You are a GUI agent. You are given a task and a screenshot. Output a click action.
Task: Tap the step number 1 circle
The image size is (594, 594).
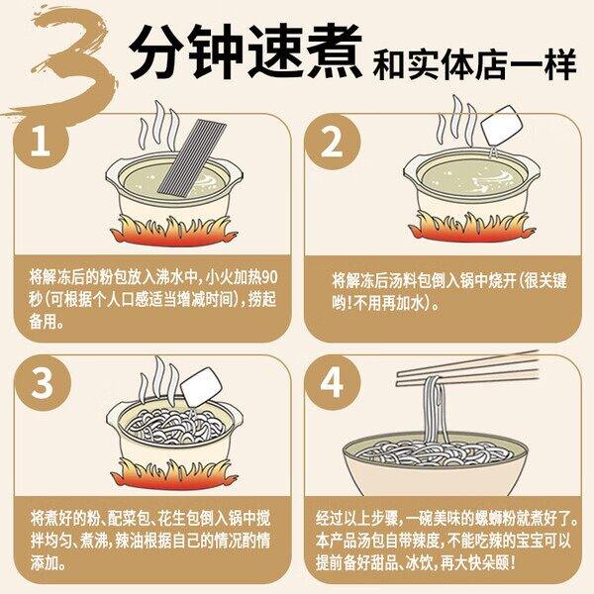pyautogui.click(x=41, y=141)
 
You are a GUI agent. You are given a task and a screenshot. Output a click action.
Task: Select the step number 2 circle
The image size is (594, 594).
pyautogui.click(x=333, y=141)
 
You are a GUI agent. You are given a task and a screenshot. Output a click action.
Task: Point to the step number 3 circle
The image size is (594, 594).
pyautogui.click(x=43, y=382)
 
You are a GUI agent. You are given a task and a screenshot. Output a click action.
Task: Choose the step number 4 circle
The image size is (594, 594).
pyautogui.click(x=333, y=382)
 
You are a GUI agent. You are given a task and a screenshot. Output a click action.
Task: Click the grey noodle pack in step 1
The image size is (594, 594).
pyautogui.click(x=192, y=159)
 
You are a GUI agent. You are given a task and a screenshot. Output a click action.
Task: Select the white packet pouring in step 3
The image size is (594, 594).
pyautogui.click(x=200, y=386)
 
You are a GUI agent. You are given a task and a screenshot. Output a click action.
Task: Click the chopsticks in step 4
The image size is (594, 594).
pyautogui.click(x=467, y=368)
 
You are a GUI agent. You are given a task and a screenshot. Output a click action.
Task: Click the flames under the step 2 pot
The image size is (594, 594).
pyautogui.click(x=471, y=227)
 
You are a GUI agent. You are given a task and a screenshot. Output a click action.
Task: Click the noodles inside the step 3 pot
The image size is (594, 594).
pyautogui.click(x=175, y=426)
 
